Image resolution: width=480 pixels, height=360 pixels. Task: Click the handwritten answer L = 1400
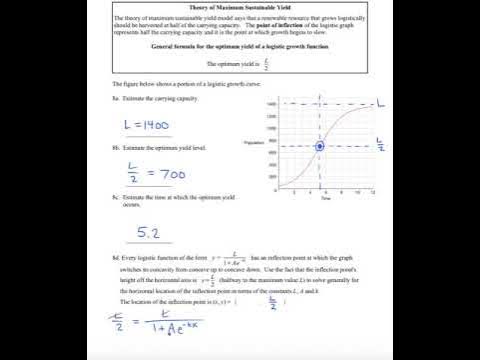pyautogui.click(x=146, y=127)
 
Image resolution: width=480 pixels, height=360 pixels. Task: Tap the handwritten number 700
pyautogui.click(x=171, y=174)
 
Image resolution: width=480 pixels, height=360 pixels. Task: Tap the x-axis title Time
pyautogui.click(x=325, y=199)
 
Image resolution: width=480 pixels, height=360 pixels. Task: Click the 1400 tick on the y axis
pyautogui.click(x=271, y=103)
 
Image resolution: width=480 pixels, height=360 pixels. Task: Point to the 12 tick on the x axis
pyautogui.click(x=373, y=191)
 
